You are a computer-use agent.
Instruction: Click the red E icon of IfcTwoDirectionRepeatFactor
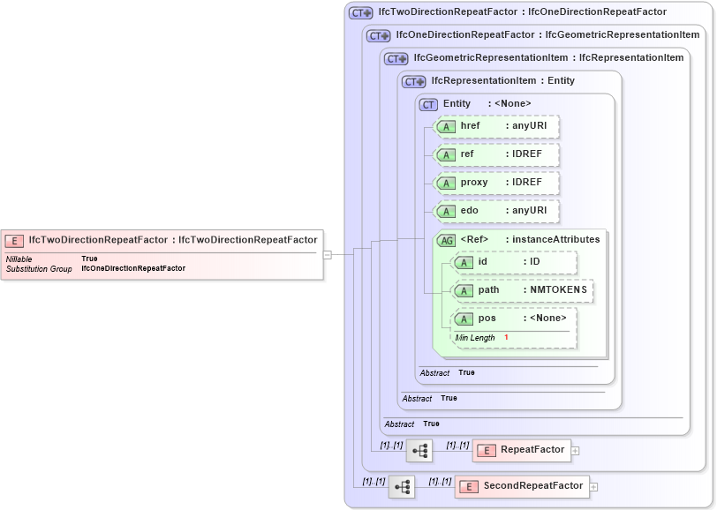coord(14,240)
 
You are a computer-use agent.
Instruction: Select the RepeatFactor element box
coord(522,450)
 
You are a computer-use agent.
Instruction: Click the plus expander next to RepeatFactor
coord(576,451)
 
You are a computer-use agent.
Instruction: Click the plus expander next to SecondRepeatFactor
coord(593,487)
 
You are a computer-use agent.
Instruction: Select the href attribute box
coord(498,126)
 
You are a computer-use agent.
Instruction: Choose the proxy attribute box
coord(498,183)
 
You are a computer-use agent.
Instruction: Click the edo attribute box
coord(498,211)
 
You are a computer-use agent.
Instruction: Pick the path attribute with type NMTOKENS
coord(522,290)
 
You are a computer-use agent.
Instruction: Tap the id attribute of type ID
coord(514,262)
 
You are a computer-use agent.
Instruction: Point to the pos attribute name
coord(487,319)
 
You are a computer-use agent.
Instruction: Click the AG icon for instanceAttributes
coord(447,240)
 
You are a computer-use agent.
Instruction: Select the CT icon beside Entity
coord(429,104)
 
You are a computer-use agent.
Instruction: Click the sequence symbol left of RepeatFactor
coord(419,450)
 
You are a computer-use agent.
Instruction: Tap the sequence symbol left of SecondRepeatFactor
coord(402,486)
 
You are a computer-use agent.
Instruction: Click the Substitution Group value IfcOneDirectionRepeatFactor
coord(133,268)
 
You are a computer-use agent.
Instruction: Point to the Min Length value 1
coord(507,338)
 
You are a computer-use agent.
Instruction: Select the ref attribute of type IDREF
coord(498,154)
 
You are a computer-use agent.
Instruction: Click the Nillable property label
coord(19,259)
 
